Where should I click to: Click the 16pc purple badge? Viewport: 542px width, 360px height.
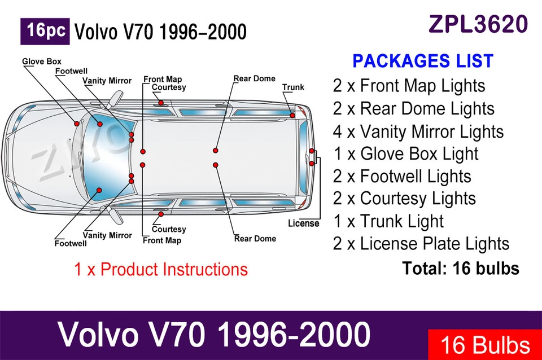pyautogui.click(x=45, y=32)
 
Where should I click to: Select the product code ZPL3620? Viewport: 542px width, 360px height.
pyautogui.click(x=478, y=24)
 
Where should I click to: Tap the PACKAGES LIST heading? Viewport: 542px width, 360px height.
pyautogui.click(x=422, y=61)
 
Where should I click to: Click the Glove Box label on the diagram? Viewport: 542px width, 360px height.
pyautogui.click(x=42, y=62)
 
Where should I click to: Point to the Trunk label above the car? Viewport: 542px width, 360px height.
pyautogui.click(x=293, y=87)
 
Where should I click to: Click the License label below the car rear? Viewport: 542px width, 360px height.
pyautogui.click(x=303, y=223)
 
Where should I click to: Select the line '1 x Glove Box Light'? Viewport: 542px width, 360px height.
pyautogui.click(x=405, y=153)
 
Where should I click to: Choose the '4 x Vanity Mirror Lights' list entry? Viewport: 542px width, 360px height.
pyautogui.click(x=418, y=131)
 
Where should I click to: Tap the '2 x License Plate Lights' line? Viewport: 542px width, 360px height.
pyautogui.click(x=421, y=244)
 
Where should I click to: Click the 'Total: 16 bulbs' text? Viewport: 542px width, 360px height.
pyautogui.click(x=461, y=269)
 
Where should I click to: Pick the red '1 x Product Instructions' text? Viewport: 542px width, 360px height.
pyautogui.click(x=161, y=269)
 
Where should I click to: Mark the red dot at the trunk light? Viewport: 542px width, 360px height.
pyautogui.click(x=292, y=115)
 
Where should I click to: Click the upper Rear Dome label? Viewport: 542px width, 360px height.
pyautogui.click(x=255, y=78)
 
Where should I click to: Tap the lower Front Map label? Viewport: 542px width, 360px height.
pyautogui.click(x=162, y=240)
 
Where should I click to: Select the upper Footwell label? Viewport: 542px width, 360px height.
pyautogui.click(x=71, y=71)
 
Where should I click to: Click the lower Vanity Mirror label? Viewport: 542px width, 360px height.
pyautogui.click(x=107, y=235)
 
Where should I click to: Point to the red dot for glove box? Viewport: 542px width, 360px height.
pyautogui.click(x=76, y=123)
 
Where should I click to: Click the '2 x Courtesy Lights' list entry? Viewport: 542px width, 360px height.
pyautogui.click(x=404, y=199)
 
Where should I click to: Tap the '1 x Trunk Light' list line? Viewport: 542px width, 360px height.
pyautogui.click(x=388, y=221)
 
